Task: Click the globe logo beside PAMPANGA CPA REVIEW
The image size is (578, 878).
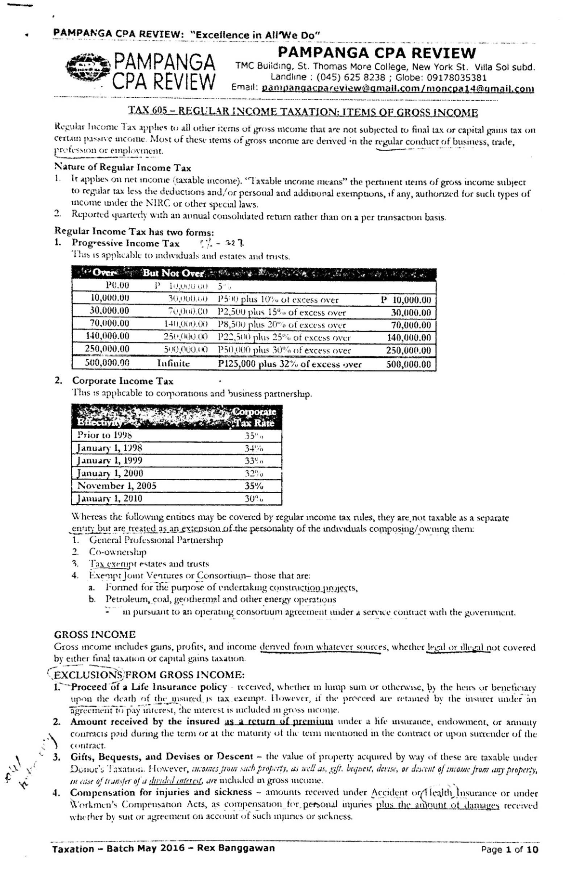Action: [x=86, y=70]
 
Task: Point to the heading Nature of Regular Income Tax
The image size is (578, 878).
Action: [x=123, y=168]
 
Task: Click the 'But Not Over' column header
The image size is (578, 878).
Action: [x=174, y=273]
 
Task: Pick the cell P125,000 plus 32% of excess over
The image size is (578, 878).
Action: [x=289, y=364]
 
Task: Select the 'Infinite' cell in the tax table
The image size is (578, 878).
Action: [x=173, y=364]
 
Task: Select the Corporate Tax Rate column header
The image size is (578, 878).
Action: [x=253, y=418]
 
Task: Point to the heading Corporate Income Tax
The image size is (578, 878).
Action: [x=123, y=381]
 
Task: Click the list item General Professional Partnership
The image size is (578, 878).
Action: [x=156, y=540]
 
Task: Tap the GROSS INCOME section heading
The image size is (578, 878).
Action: [x=95, y=634]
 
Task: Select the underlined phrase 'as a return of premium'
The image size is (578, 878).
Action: [x=279, y=721]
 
